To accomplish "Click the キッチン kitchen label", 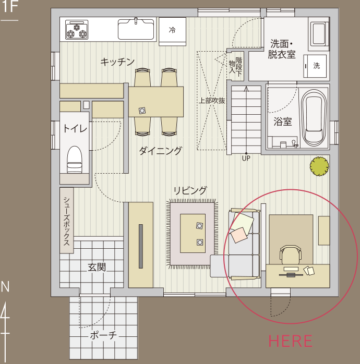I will point(117,62).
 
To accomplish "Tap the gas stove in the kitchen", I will point(77,30).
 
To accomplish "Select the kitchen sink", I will point(136,29).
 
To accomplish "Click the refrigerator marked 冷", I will point(172,31).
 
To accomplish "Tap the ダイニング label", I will point(160,151).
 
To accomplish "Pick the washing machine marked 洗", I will point(316,66).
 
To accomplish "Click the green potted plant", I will point(319,166).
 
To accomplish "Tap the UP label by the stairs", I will point(246,157).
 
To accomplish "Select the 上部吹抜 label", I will point(212,101).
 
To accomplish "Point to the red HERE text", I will point(290,341).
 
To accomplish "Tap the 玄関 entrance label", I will point(97,268).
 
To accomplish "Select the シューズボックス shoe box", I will point(67,222).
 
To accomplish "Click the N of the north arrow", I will point(5,286).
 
